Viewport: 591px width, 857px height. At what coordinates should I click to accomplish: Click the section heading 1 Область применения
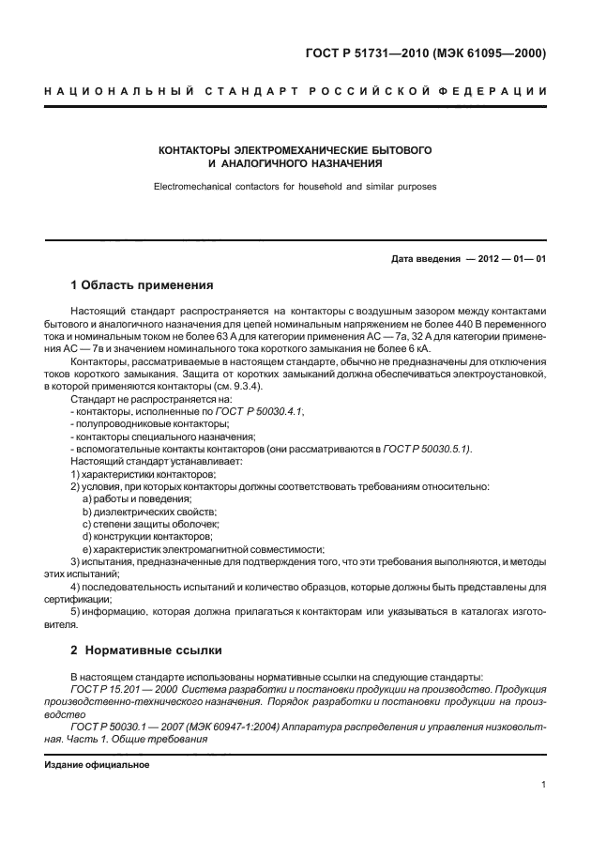(x=143, y=284)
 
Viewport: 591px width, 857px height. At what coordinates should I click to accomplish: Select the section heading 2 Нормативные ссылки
(x=147, y=649)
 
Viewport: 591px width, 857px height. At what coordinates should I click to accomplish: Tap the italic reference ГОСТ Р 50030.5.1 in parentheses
(x=424, y=450)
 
